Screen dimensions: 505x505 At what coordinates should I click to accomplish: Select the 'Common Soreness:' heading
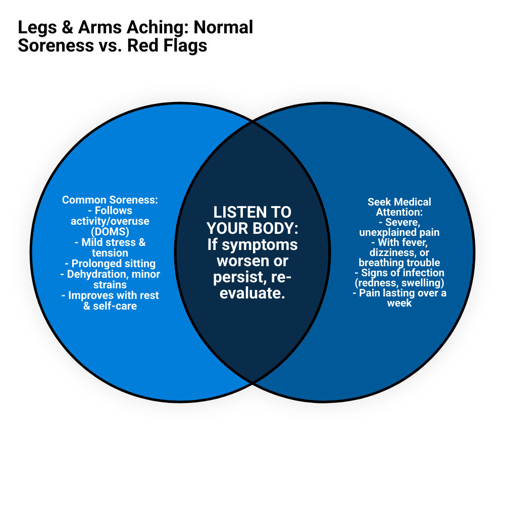click(110, 200)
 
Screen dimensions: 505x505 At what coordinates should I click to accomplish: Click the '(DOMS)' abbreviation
click(110, 231)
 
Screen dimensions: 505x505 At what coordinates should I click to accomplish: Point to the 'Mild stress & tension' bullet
click(110, 247)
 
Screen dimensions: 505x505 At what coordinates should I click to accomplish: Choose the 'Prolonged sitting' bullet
click(110, 264)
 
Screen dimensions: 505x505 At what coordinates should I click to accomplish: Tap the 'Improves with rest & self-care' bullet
click(110, 300)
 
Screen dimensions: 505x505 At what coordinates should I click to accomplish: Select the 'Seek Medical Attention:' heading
click(399, 207)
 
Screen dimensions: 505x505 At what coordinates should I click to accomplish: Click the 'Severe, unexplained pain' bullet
click(399, 227)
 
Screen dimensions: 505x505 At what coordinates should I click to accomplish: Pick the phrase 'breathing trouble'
click(399, 263)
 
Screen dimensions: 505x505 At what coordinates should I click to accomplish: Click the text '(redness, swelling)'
click(399, 283)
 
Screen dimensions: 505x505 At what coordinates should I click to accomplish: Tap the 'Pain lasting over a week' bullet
click(399, 298)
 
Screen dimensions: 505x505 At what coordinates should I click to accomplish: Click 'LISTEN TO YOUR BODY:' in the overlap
click(252, 220)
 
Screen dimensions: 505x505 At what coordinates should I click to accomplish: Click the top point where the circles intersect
click(252, 122)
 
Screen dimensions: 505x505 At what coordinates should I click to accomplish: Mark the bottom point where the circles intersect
click(252, 382)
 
